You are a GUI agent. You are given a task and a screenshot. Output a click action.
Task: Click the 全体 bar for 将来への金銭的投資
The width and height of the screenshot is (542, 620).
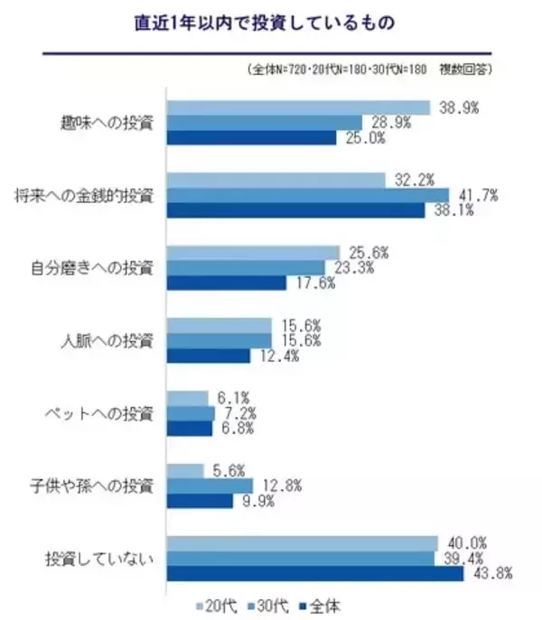297,210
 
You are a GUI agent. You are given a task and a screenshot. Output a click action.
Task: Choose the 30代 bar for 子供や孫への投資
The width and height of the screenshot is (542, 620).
211,486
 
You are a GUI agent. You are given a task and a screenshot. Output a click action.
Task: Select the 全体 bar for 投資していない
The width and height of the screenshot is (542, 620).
315,574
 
